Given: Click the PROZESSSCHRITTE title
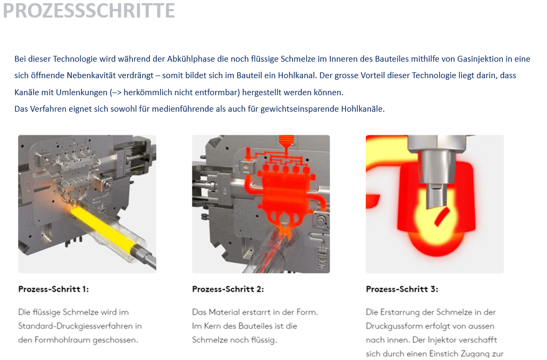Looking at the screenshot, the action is pyautogui.click(x=89, y=11).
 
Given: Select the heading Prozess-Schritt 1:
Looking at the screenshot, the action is pyautogui.click(x=53, y=289).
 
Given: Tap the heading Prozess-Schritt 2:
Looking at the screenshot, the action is pyautogui.click(x=228, y=289).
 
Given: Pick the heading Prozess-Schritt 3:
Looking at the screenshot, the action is pyautogui.click(x=402, y=289).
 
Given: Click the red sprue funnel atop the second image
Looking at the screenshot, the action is pyautogui.click(x=286, y=143).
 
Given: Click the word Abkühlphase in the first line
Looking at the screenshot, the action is pyautogui.click(x=191, y=59).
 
